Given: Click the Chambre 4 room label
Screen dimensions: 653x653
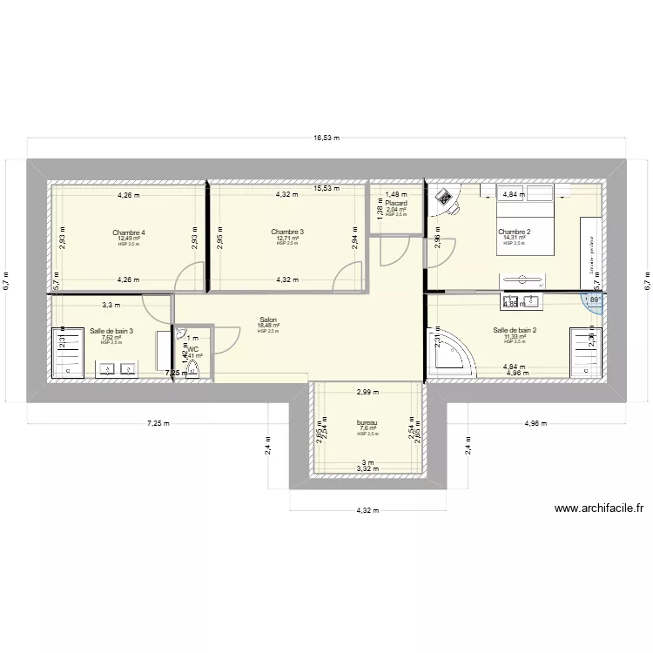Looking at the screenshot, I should coord(128,232).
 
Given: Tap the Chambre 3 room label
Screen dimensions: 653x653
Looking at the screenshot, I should coord(286,232).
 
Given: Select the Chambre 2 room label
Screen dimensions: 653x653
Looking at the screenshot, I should coord(514,232).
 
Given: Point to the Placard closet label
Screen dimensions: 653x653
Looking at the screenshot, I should coord(396,203).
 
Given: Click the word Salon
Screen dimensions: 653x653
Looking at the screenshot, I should coord(268,320).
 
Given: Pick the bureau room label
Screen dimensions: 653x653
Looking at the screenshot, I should coord(367,422).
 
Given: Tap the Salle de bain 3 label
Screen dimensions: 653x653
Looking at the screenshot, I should coord(111,331).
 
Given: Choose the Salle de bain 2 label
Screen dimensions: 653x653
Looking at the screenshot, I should coord(514,330).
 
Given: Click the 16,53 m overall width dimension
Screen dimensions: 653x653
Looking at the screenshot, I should coord(326,137).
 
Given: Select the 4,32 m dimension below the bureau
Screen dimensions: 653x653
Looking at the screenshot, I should coord(366,511).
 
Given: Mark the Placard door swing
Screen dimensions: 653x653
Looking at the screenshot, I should coord(393,251).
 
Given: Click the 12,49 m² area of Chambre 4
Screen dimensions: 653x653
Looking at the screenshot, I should coord(128,239).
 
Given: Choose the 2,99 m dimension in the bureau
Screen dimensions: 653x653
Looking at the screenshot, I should coord(367,392).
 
